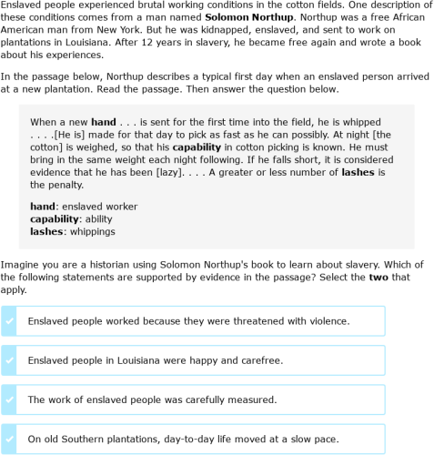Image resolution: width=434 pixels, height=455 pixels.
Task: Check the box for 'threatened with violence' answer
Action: tap(10, 321)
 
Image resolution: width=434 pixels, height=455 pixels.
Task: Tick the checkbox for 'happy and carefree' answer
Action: tap(10, 360)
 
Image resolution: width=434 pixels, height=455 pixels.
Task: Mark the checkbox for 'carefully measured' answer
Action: tap(10, 399)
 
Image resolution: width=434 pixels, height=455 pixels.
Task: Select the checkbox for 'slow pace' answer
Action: tap(10, 439)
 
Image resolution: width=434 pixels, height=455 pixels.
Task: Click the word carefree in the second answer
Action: tap(260, 360)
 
